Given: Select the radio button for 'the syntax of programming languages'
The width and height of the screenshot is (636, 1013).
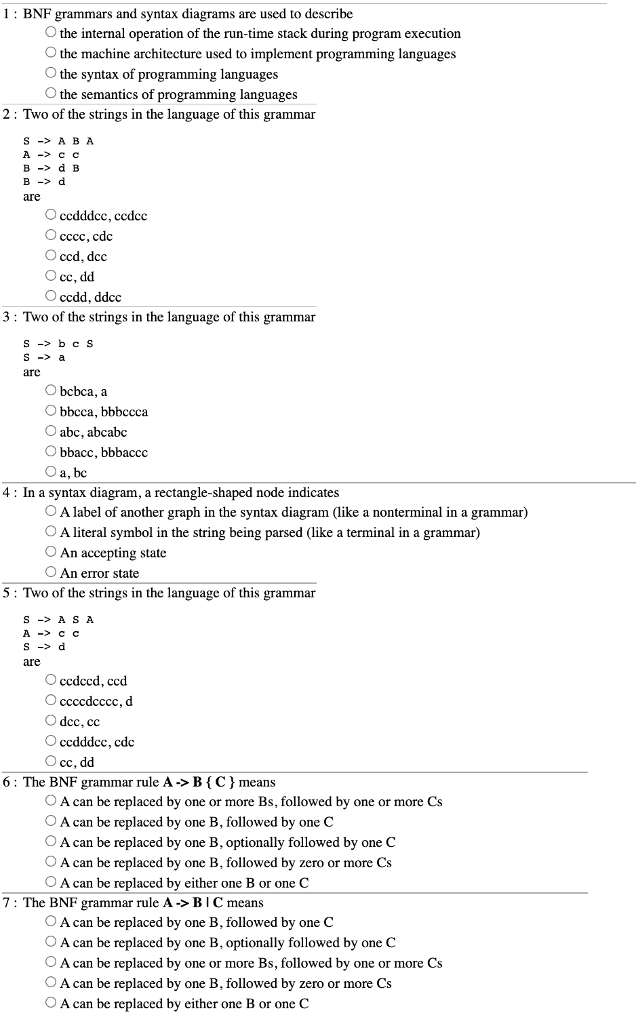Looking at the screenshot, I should pyautogui.click(x=51, y=73).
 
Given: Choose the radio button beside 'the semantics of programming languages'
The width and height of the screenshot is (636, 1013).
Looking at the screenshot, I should pyautogui.click(x=51, y=93).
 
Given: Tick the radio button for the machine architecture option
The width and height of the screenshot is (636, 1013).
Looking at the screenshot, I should pyautogui.click(x=51, y=52).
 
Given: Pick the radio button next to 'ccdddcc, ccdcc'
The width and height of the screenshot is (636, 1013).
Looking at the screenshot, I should pyautogui.click(x=51, y=215).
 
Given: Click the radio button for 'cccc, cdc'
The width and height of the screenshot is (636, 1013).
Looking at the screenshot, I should pyautogui.click(x=51, y=235).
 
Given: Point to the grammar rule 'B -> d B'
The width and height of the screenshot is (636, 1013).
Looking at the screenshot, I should pyautogui.click(x=51, y=168).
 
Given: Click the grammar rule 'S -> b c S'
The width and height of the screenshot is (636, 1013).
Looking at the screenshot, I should pyautogui.click(x=58, y=344).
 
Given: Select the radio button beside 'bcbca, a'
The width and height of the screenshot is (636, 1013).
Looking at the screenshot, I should pyautogui.click(x=51, y=391).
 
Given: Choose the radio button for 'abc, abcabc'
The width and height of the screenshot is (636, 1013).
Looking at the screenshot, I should pyautogui.click(x=51, y=431).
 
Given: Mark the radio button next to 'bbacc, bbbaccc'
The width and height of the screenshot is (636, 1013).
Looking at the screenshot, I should pyautogui.click(x=51, y=452).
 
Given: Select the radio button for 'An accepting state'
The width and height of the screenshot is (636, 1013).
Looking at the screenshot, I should pyautogui.click(x=51, y=552).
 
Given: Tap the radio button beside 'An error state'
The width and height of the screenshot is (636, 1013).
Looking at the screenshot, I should pyautogui.click(x=51, y=572).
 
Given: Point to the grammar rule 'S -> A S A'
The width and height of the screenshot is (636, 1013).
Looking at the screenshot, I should pyautogui.click(x=58, y=620).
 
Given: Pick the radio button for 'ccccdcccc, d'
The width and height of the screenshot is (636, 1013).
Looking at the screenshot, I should pyautogui.click(x=51, y=700).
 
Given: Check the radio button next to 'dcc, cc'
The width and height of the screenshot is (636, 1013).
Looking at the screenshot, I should pyautogui.click(x=51, y=720).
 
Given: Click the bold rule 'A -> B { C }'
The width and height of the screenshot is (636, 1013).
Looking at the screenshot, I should pyautogui.click(x=199, y=782).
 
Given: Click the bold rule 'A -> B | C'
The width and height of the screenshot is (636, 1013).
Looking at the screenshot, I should pyautogui.click(x=193, y=903).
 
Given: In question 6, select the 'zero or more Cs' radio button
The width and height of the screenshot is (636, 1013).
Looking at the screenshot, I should pyautogui.click(x=51, y=862).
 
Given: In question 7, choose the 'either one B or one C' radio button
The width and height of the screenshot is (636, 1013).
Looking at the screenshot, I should pyautogui.click(x=51, y=1003).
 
